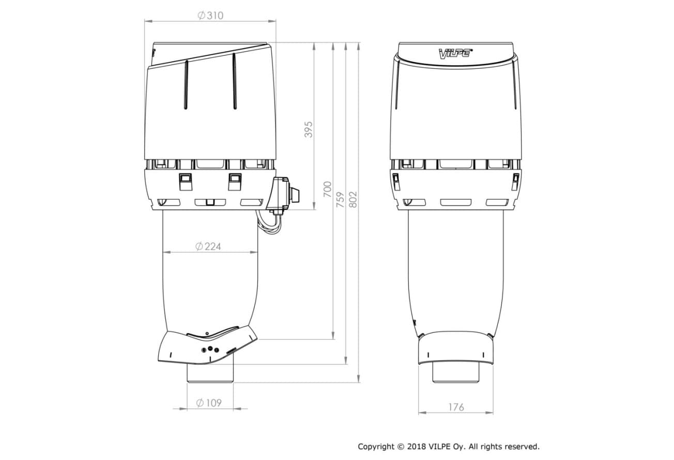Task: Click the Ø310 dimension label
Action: coord(210,16)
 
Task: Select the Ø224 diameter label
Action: coord(208,247)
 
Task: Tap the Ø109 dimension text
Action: coord(208,403)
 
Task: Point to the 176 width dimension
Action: coord(456,407)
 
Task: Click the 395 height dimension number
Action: coord(309,130)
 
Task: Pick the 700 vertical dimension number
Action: coord(327,189)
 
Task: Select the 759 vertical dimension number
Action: coord(340,200)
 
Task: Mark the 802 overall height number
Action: coord(353,200)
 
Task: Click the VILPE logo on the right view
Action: coord(455,54)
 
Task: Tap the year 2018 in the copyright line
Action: coord(417,447)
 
